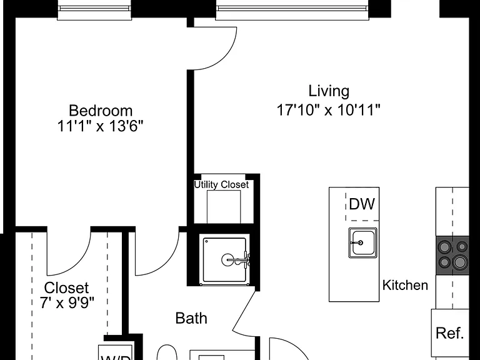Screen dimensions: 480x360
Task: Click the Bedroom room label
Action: (101, 111)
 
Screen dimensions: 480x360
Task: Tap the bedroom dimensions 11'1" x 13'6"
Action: (101, 126)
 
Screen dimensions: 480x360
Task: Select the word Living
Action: (329, 91)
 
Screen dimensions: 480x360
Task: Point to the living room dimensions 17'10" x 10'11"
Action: (329, 110)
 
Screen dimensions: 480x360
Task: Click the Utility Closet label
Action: (221, 184)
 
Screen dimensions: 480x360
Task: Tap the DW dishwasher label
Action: (362, 204)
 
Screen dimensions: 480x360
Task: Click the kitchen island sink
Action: (362, 242)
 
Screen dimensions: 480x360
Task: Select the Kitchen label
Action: (405, 285)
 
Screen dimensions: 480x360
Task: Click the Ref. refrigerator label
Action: (450, 333)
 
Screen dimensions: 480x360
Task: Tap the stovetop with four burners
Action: (452, 255)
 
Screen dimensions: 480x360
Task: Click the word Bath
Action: (191, 318)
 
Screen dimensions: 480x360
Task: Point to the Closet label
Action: (66, 288)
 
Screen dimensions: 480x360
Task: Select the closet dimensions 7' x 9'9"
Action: (66, 303)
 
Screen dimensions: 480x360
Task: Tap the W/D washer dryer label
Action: (116, 357)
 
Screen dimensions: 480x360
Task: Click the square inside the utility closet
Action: (224, 207)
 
